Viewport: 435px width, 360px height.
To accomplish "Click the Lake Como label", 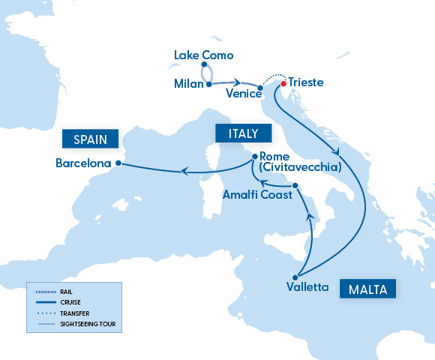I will point(203,55).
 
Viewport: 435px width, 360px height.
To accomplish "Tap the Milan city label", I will point(188,83).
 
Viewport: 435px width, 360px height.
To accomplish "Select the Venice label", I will point(242,94).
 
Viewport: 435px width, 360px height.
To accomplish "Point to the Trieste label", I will point(306,82).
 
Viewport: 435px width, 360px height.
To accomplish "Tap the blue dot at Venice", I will point(259,88).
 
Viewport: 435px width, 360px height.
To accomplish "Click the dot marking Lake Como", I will point(194,65).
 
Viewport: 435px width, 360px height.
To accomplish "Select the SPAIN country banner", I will point(91,139).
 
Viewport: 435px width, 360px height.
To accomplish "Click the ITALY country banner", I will point(237,133).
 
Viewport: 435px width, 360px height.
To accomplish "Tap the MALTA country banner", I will point(367,289).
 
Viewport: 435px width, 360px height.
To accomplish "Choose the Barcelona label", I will point(83,163).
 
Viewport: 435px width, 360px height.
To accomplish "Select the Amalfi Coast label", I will point(256,194).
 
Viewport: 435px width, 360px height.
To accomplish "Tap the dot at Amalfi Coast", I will point(295,185).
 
